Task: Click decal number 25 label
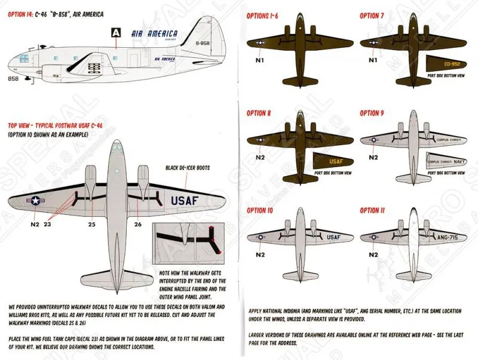(x=92, y=224)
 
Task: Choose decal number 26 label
(x=139, y=224)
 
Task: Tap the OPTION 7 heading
(x=372, y=15)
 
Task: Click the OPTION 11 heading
(x=372, y=211)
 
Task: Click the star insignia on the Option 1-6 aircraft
(x=261, y=42)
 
